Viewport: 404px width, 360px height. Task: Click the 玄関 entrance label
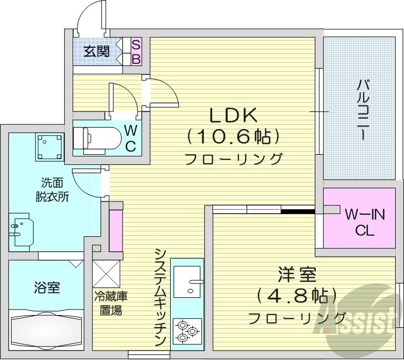[96, 52]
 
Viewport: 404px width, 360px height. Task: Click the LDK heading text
[233, 115]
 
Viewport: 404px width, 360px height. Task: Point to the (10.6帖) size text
[233, 137]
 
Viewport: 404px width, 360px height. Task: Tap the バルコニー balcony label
[364, 111]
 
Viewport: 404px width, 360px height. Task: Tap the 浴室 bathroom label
[47, 288]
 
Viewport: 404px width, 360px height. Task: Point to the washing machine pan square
[49, 146]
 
